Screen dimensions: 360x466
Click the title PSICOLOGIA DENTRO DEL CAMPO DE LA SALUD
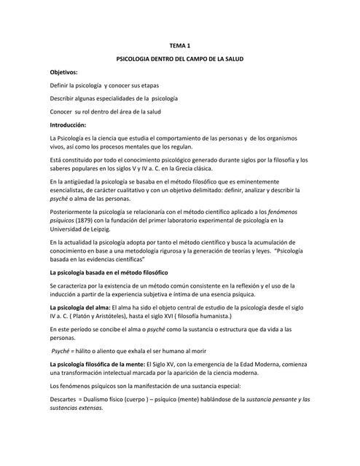coord(179,59)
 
